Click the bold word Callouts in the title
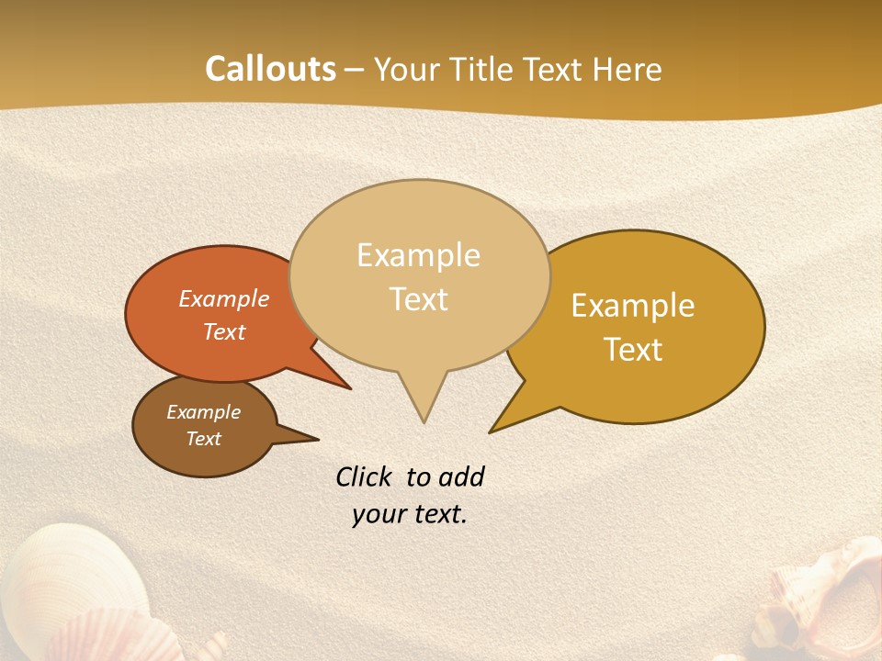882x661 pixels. [270, 69]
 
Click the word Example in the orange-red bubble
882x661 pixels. [224, 298]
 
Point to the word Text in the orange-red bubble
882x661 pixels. [224, 331]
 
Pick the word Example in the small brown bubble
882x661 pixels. [203, 412]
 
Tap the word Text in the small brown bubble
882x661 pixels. [203, 439]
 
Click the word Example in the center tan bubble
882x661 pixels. [418, 255]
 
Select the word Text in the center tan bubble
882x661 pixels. [419, 299]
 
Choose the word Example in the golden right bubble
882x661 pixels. [633, 306]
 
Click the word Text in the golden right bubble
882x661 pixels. [633, 350]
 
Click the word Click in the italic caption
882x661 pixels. [366, 476]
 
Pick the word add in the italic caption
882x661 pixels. [460, 476]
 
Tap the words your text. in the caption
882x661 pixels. [410, 514]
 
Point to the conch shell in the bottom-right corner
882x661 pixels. [818, 597]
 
